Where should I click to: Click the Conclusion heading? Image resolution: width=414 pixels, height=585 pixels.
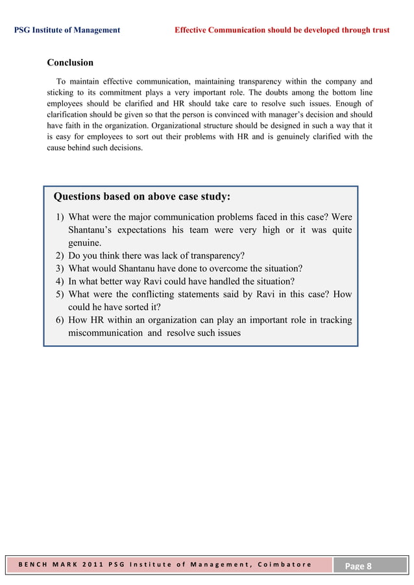[x=70, y=63]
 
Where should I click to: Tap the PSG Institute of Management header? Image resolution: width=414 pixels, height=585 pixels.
[x=67, y=30]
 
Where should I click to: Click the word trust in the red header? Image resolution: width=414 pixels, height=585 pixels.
[x=379, y=30]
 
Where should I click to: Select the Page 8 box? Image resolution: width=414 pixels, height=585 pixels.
[x=358, y=566]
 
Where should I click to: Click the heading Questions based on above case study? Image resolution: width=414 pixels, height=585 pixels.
[x=141, y=197]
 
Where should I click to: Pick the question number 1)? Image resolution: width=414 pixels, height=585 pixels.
[x=58, y=217]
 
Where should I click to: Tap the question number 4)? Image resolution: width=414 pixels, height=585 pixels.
[x=58, y=281]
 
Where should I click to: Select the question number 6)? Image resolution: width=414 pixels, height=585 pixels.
[x=58, y=320]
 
